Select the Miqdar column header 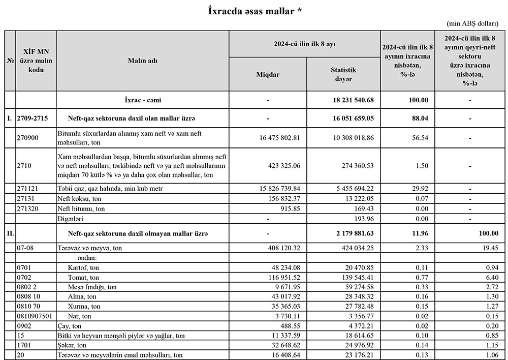[x=268, y=75]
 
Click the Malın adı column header [x=142, y=61]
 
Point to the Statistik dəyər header [x=343, y=75]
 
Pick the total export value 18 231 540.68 [x=353, y=100]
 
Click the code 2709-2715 [x=33, y=118]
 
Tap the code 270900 [x=28, y=133]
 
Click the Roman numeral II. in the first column [x=10, y=233]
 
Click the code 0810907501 [x=35, y=316]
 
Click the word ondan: [x=80, y=258]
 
